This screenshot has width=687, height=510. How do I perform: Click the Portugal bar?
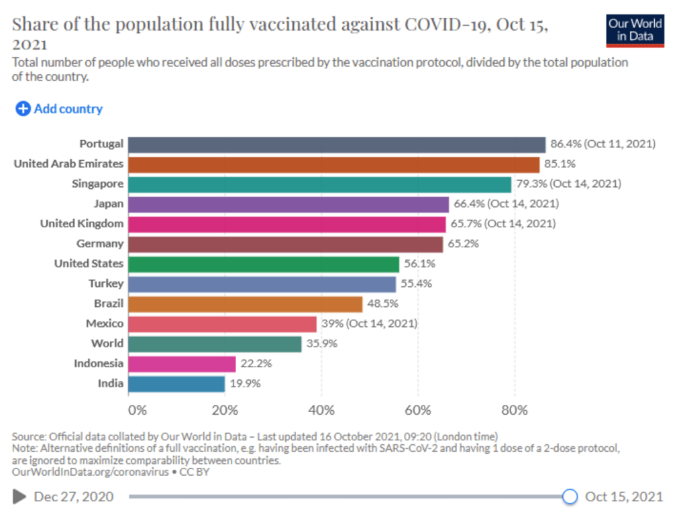coord(336,144)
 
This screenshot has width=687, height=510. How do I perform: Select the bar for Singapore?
coord(320,184)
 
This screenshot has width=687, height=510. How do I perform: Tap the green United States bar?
coord(264,264)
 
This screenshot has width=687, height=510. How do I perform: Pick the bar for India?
coord(176,384)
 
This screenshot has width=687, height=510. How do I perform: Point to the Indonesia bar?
coord(182,364)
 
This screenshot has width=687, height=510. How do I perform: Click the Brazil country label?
coord(109,304)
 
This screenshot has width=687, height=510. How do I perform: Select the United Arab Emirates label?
coord(68,164)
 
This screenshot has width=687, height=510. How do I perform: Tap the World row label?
coord(107,344)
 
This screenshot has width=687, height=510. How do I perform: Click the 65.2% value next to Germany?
coord(463,244)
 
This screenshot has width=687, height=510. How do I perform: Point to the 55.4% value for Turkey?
coord(416,284)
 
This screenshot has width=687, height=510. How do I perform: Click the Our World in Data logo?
coord(635,30)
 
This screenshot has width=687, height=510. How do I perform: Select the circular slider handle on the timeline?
coord(570,497)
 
